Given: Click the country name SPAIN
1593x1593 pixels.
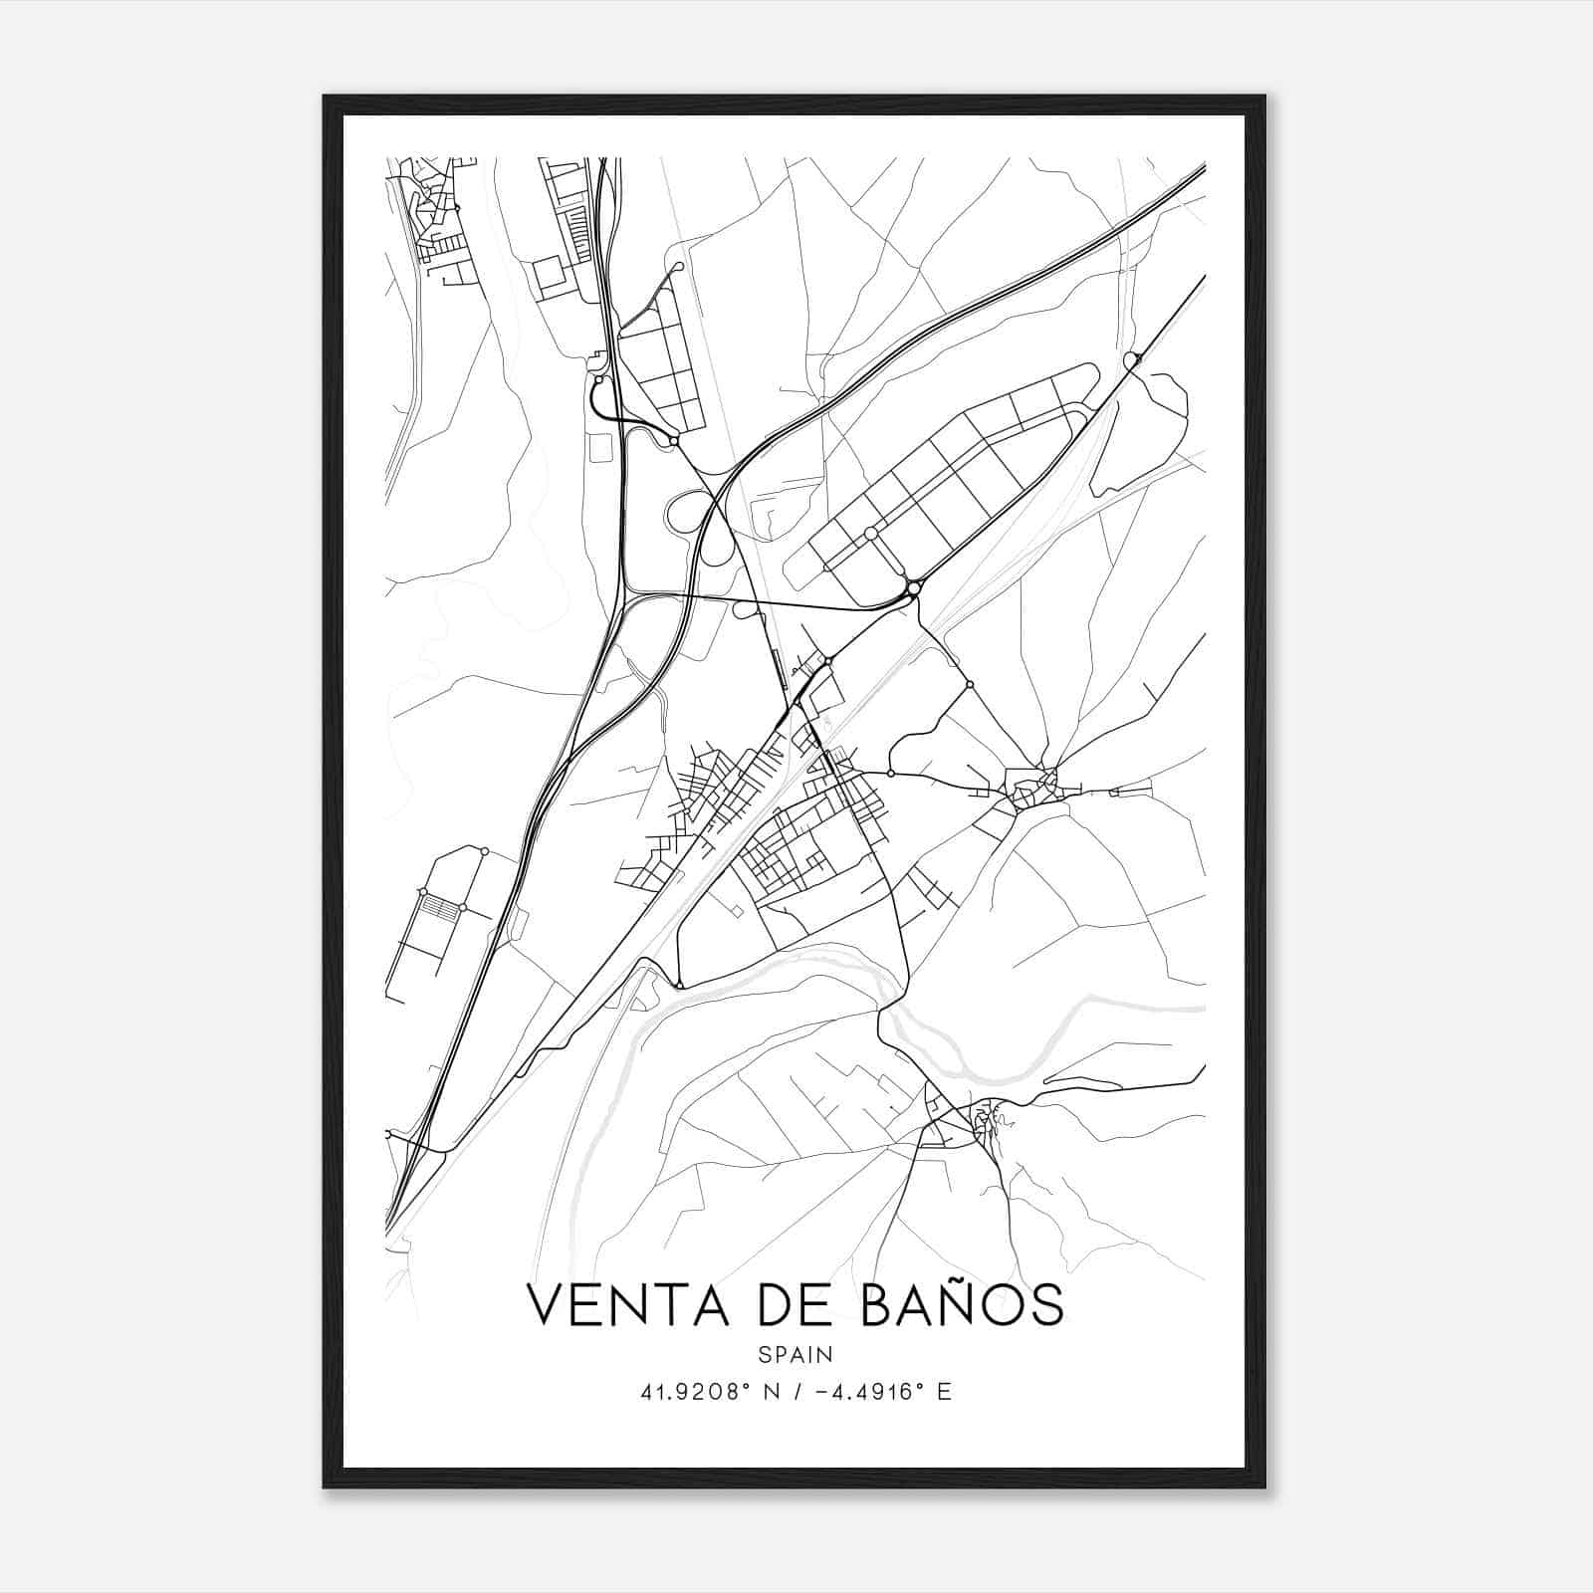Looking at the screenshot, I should [796, 1354].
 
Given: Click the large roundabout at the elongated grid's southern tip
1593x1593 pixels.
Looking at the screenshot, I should [913, 591].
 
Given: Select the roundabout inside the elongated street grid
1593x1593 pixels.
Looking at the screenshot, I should [871, 534].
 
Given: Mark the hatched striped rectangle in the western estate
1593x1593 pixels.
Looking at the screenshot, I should [434, 907].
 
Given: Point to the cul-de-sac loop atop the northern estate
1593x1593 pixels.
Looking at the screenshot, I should [679, 267].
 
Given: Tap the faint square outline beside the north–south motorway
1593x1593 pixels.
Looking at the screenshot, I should [600, 448].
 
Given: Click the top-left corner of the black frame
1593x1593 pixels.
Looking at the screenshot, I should [325, 97].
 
